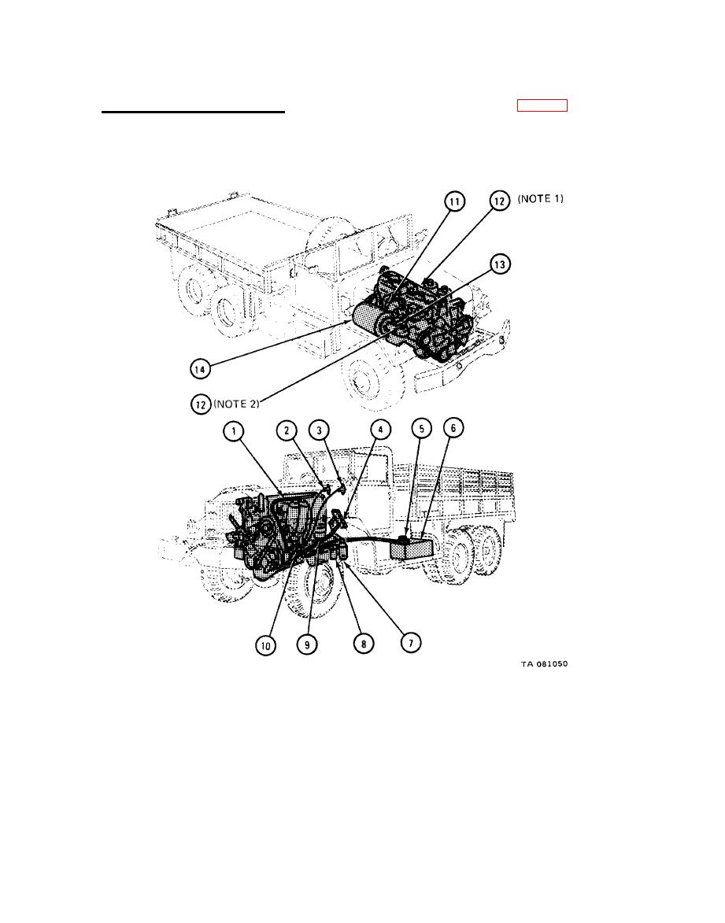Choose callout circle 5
coord(422,430)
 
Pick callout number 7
coord(410,642)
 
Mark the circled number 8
coord(363,643)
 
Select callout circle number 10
coord(265,644)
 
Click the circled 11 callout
coord(454,202)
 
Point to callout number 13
coord(499,266)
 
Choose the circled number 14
coord(201,367)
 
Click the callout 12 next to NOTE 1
coord(498,201)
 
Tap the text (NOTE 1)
coord(540,200)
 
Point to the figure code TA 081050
coord(544,664)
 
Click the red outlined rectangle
coord(542,106)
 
